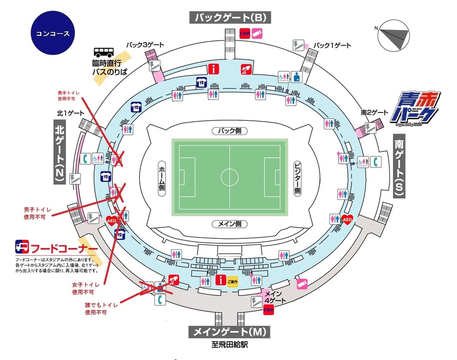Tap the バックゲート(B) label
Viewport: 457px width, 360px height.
231,18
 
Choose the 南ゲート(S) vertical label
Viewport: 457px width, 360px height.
399,167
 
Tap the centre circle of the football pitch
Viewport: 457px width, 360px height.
229,177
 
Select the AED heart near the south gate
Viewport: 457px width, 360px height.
347,220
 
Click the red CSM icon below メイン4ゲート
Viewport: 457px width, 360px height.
269,310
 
